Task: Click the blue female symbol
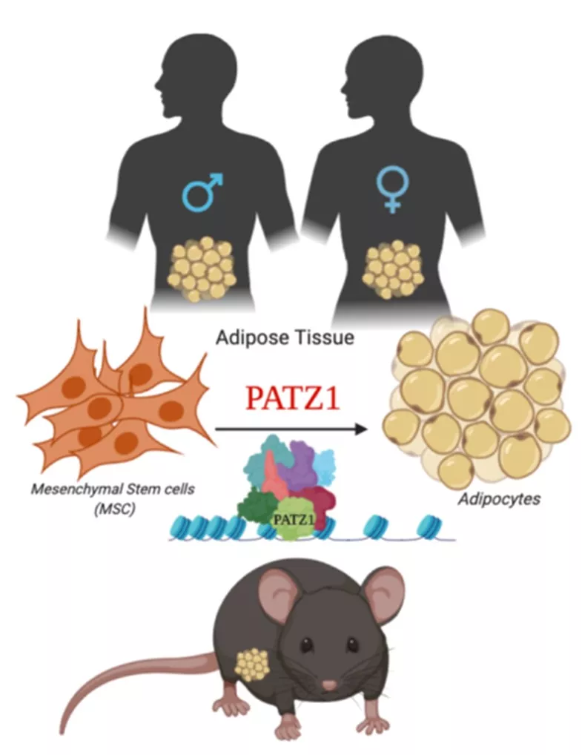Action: point(391,188)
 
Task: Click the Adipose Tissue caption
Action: point(285,338)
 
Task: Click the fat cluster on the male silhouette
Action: point(202,268)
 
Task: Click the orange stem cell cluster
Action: point(111,400)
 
